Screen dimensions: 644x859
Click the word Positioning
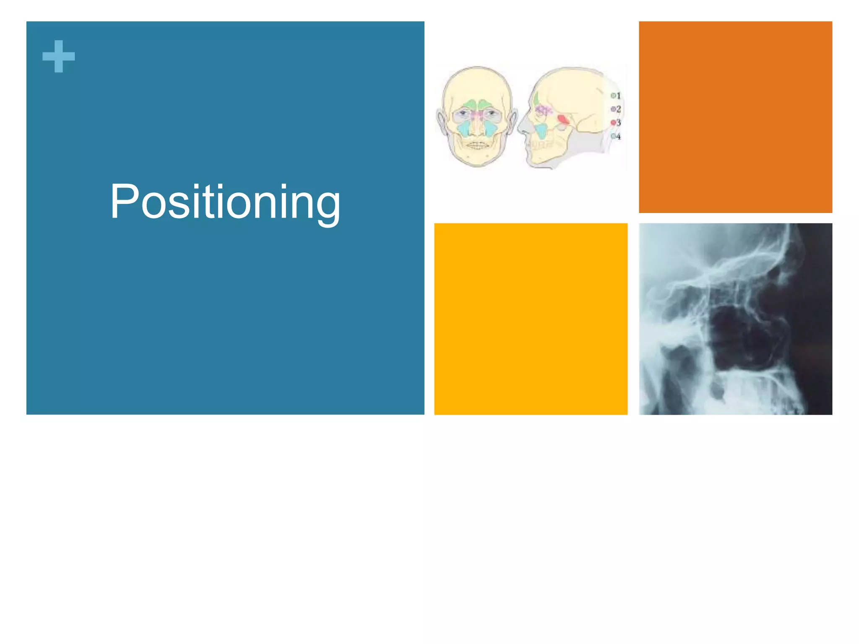pos(225,202)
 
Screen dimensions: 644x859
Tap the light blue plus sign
pos(59,56)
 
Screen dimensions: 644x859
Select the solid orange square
pos(735,117)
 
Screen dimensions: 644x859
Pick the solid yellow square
pos(531,319)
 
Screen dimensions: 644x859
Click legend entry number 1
pos(616,96)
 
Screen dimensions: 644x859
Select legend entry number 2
pos(616,109)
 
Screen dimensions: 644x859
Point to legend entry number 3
pos(616,122)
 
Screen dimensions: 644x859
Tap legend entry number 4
pos(616,136)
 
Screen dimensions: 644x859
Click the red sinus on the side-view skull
pos(563,120)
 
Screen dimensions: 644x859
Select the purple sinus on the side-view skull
pos(544,110)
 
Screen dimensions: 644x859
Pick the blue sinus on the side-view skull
pos(541,131)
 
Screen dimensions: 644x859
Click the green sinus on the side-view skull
pos(536,99)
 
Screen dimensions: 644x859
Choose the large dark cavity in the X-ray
pos(738,340)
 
